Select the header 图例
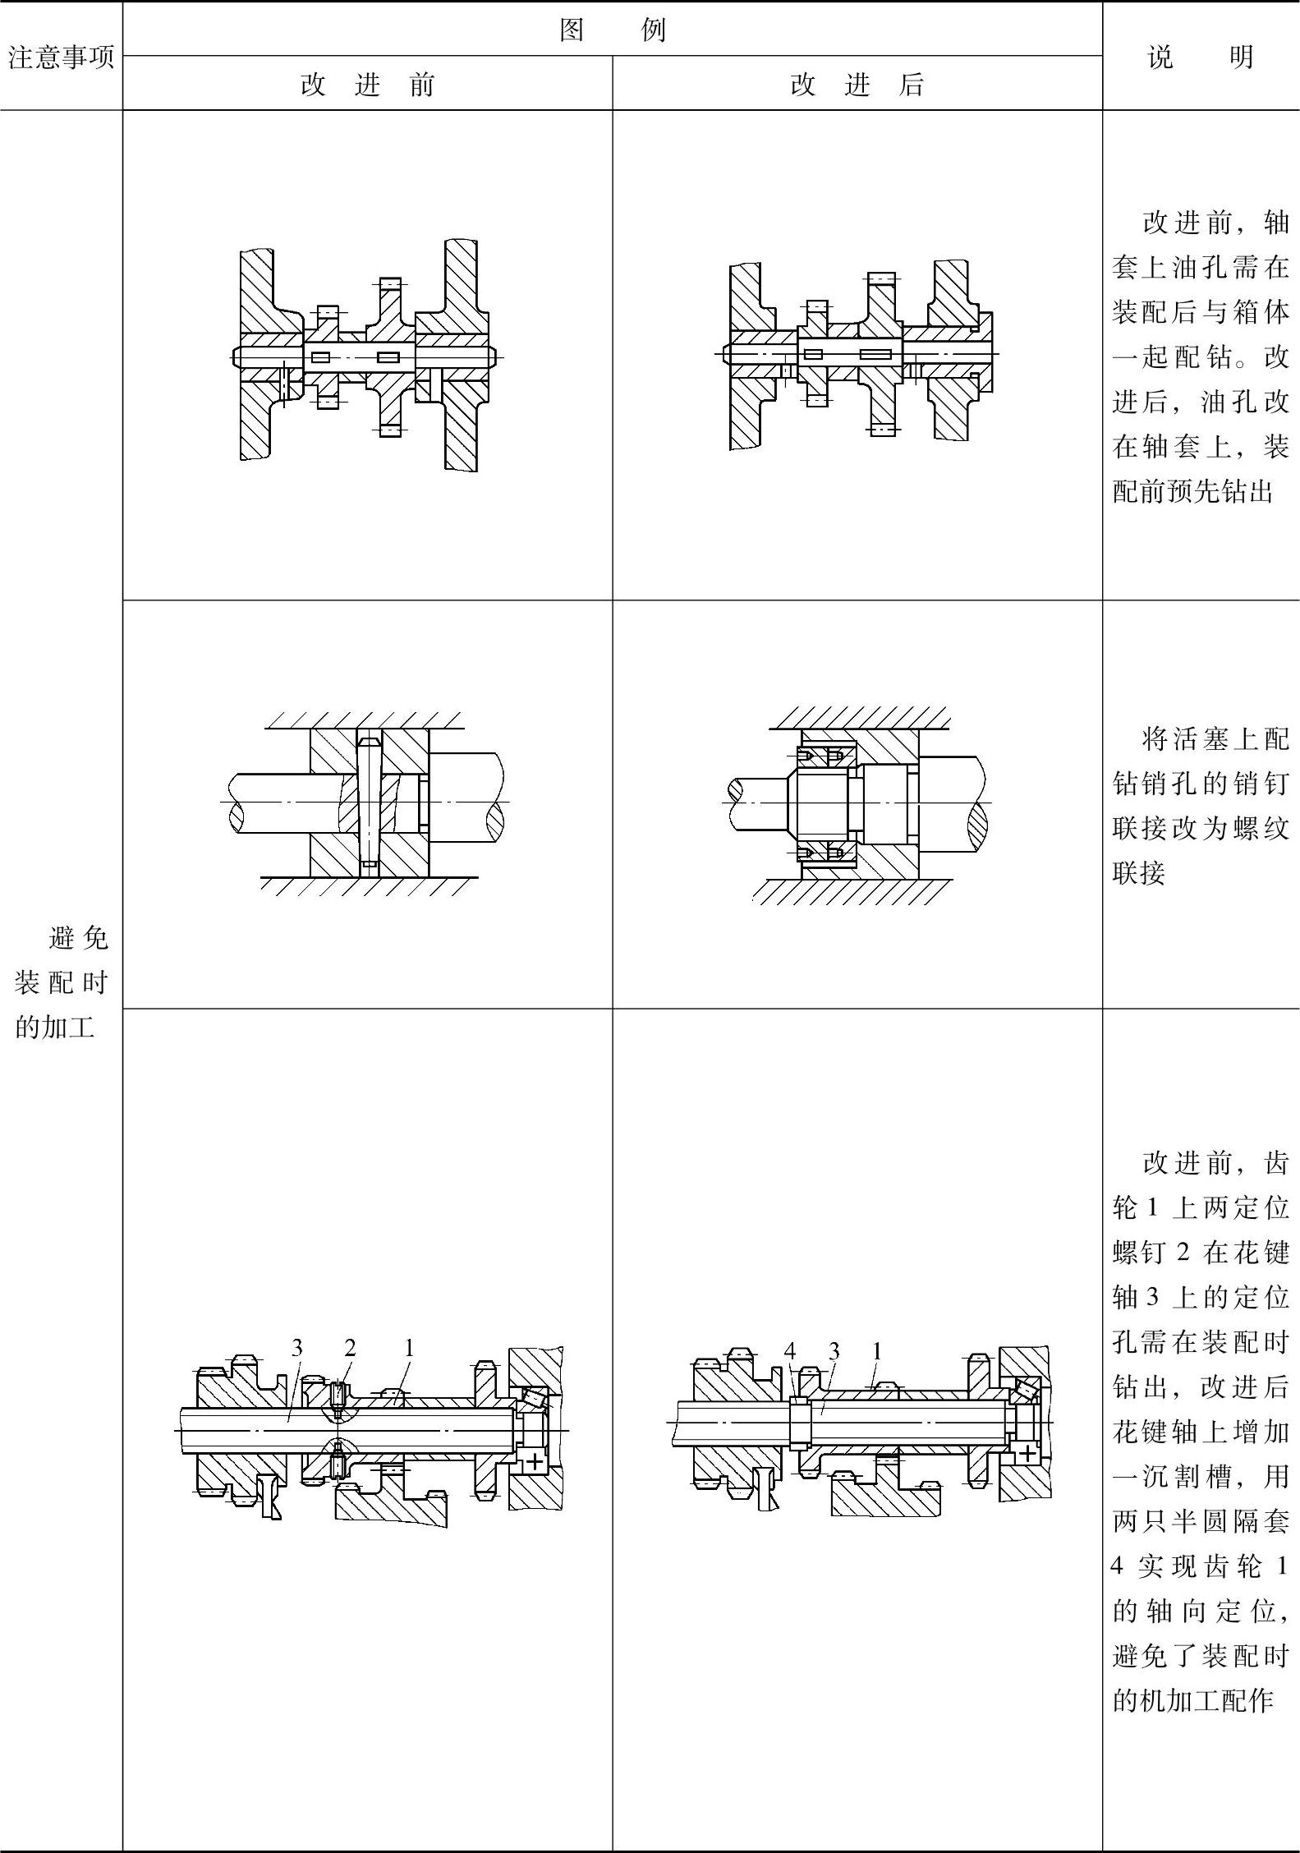coord(612,30)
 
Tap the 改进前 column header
coord(367,85)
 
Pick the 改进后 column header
coord(857,85)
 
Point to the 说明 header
coord(1201,57)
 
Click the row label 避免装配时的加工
coord(62,982)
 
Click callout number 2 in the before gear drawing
coord(350,1348)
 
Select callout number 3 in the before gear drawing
coord(296,1348)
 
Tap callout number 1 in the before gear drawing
coord(408,1348)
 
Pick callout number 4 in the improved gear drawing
coord(790,1351)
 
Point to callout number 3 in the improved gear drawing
coord(834,1351)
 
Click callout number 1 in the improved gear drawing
coord(876,1351)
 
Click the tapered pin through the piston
coord(369,802)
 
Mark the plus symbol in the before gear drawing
coord(534,1460)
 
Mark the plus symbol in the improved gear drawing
coord(1027,1451)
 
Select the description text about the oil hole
coord(1201,356)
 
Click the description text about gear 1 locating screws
coord(1201,1430)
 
